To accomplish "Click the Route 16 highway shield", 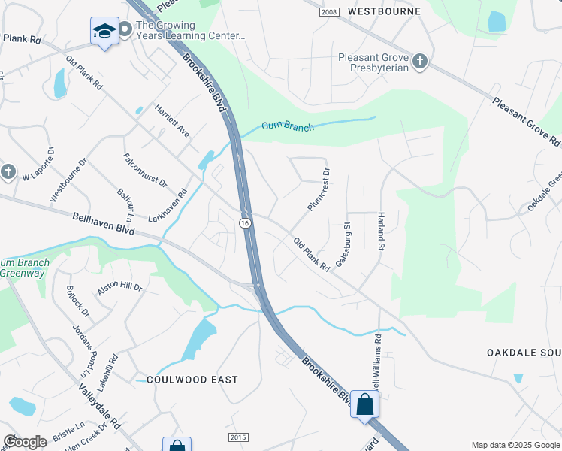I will click(245, 223).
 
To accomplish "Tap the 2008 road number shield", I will click(328, 12).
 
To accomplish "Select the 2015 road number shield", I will click(237, 437).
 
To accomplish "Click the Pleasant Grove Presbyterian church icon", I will click(420, 62).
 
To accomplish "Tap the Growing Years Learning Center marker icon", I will click(125, 29).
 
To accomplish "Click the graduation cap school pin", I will click(104, 32).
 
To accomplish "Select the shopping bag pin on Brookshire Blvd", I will click(365, 404).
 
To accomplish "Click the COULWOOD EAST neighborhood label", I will click(192, 380).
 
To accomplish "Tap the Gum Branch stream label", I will click(288, 126).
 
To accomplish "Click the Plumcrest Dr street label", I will click(319, 189).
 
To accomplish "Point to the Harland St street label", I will click(381, 232).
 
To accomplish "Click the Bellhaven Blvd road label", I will click(104, 223).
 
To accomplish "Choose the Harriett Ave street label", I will click(172, 120).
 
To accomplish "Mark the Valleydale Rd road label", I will click(99, 406).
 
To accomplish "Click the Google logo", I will click(25, 442).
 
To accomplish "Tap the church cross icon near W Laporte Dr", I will click(8, 172).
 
